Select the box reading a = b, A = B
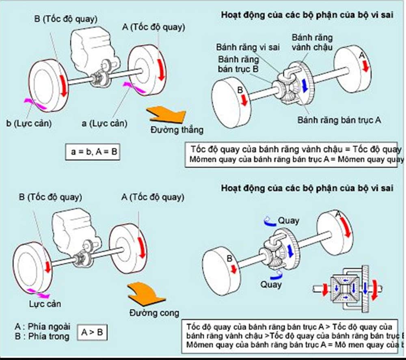point(92,152)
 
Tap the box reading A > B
point(92,332)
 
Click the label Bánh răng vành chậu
point(312,43)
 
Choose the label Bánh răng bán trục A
point(339,120)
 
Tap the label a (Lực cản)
point(105,124)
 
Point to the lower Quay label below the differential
point(271,284)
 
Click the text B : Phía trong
point(42,336)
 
